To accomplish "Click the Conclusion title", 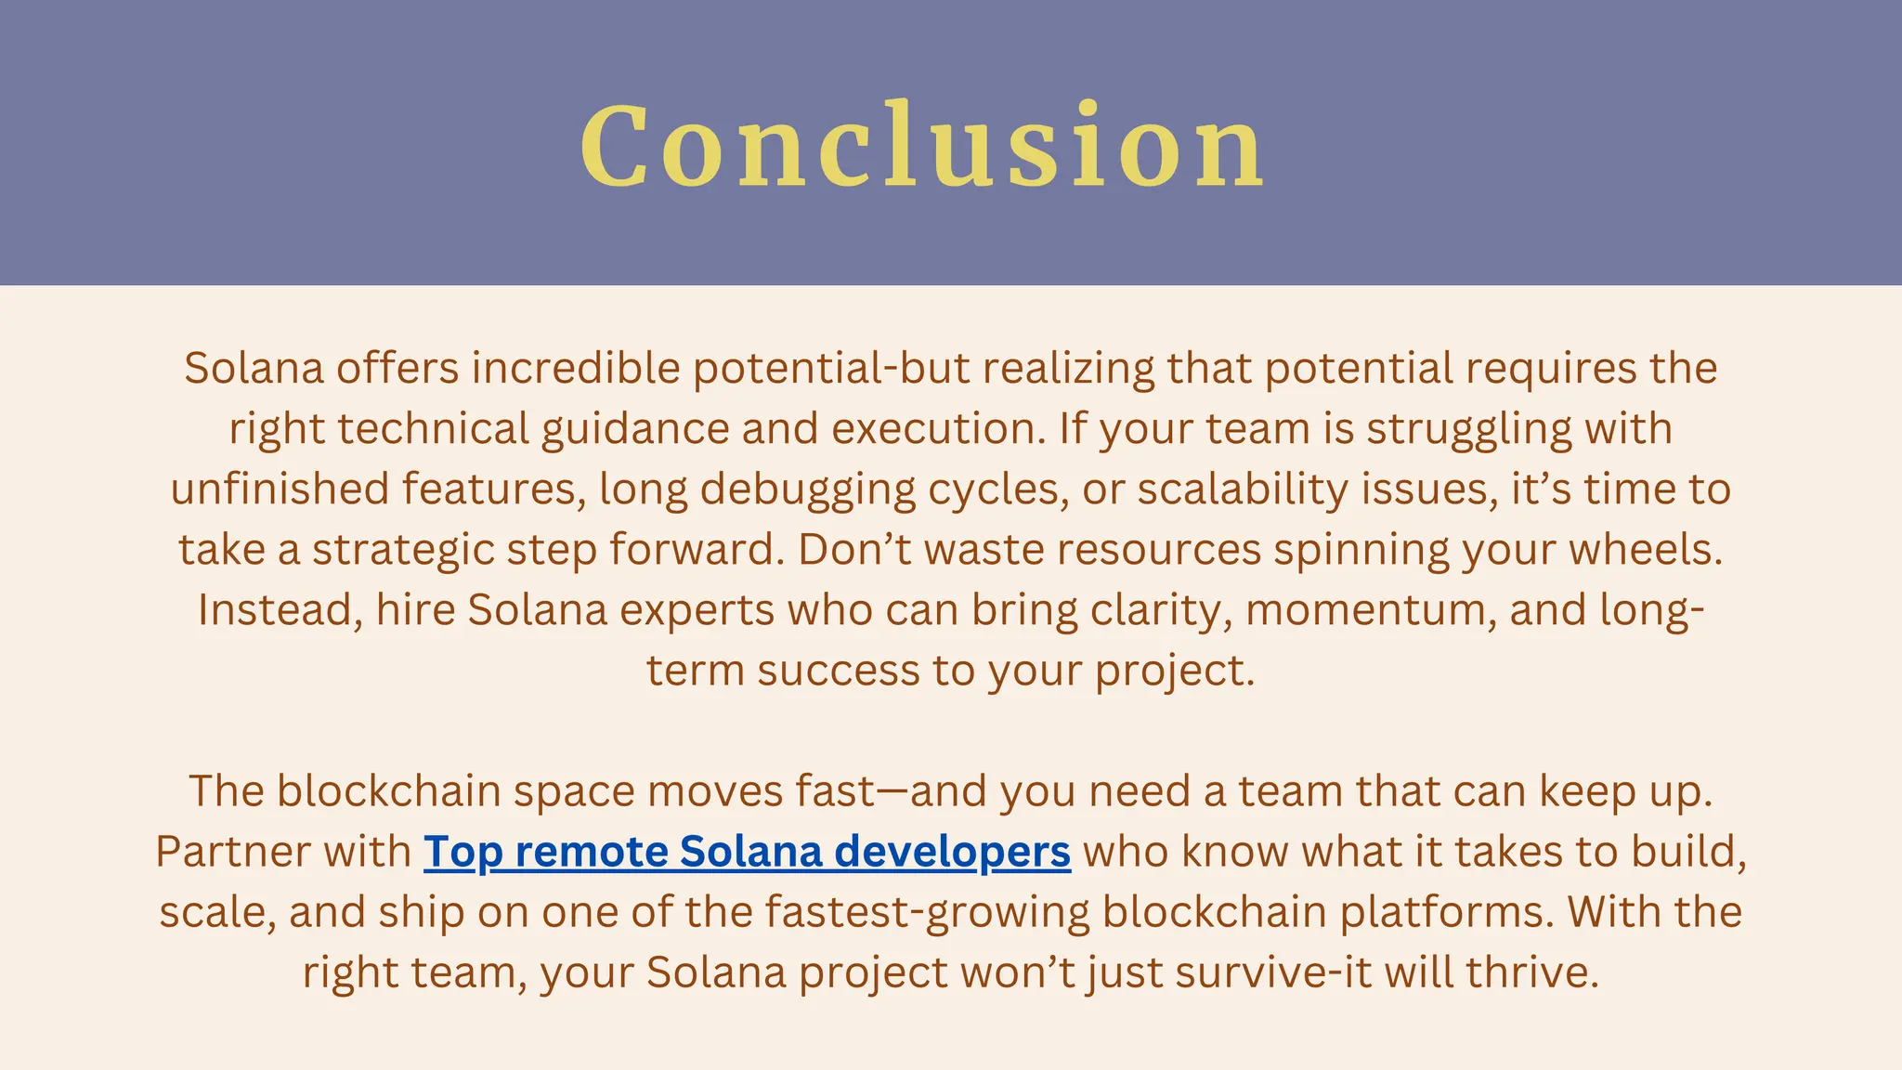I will click(922, 146).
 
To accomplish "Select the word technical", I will click(433, 429).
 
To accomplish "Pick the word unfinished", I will click(280, 489).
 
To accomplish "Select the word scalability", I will click(1243, 489).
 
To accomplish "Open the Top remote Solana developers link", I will click(747, 852).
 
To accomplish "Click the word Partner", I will click(223, 852).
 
